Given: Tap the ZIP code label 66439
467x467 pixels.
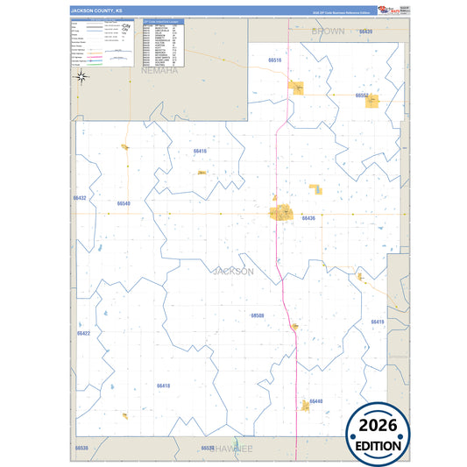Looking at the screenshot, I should coord(365,32).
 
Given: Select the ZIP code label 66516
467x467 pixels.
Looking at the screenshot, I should coord(275,60).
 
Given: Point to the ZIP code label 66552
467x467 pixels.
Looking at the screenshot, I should coord(363,95).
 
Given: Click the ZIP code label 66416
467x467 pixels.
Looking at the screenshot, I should coord(200,151).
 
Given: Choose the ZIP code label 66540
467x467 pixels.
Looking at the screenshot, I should coord(124,203).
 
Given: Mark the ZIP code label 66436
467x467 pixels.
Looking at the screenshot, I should coord(308,217).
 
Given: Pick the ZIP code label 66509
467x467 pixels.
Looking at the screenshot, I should coord(257,315).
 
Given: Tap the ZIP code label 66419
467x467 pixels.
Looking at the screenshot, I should coord(378,322).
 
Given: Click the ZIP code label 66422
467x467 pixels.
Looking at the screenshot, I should coord(83,333).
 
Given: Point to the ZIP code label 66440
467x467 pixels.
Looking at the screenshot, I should coord(316,400).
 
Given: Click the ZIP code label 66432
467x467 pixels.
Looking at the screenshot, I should coord(80,198).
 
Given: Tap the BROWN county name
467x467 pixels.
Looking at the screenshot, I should coord(328,31).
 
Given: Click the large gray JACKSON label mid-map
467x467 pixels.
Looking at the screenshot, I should coord(233,272).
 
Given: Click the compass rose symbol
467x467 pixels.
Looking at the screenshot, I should coord(81,76).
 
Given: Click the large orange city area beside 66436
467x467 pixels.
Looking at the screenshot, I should coord(283,212).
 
